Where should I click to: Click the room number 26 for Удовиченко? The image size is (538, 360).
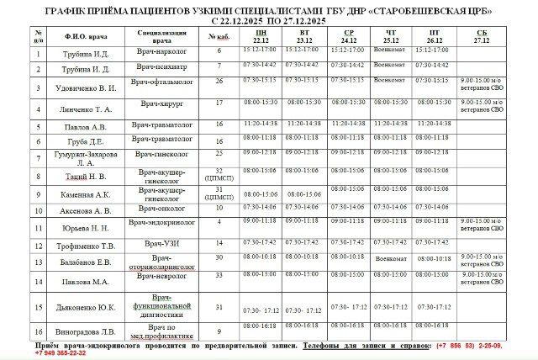point(219,81)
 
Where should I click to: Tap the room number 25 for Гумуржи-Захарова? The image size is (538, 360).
point(219,153)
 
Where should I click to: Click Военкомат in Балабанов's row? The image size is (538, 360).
point(391,259)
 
